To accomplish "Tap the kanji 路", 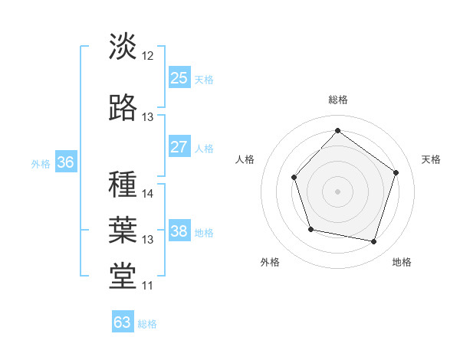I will tap(123, 108).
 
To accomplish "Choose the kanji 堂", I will tap(123, 277).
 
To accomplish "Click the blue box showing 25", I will tap(179, 77).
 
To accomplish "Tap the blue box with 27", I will tap(179, 147).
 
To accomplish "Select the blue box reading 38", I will tap(179, 231).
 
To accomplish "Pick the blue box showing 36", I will tap(65, 162).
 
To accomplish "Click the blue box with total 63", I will tap(123, 322).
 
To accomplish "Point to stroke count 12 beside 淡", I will tap(148, 57).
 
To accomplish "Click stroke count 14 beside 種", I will tap(148, 194).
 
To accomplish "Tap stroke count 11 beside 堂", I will tap(148, 286).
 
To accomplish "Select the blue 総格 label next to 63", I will tap(147, 324).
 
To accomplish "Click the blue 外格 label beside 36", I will tap(41, 164).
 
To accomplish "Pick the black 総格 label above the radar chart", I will tap(337, 100).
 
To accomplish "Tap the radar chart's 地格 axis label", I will tap(402, 262).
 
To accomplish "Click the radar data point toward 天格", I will tap(396, 172).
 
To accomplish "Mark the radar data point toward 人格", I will tap(294, 178).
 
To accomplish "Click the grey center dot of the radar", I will tap(337, 191).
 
